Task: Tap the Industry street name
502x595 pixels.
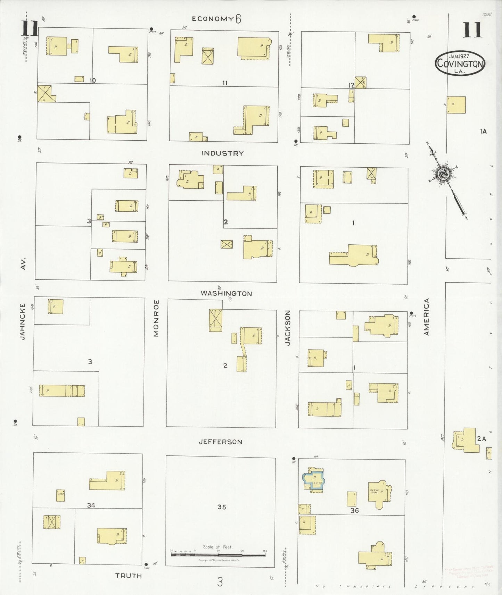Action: [222, 153]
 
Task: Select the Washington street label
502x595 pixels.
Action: [226, 293]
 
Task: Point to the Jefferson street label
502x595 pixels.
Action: [220, 442]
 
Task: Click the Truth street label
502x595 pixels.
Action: [129, 576]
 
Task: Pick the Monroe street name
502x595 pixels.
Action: [156, 318]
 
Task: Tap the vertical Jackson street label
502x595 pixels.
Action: [287, 328]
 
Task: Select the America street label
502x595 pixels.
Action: [427, 317]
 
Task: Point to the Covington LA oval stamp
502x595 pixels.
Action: [460, 63]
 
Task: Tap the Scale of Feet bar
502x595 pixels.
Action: [218, 555]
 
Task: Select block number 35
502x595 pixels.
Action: [222, 507]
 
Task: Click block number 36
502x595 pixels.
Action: [354, 510]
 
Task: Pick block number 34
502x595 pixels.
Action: [91, 505]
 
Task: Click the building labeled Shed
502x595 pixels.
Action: [60, 495]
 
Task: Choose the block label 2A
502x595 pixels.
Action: [481, 439]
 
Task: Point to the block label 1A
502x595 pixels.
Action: [483, 131]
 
